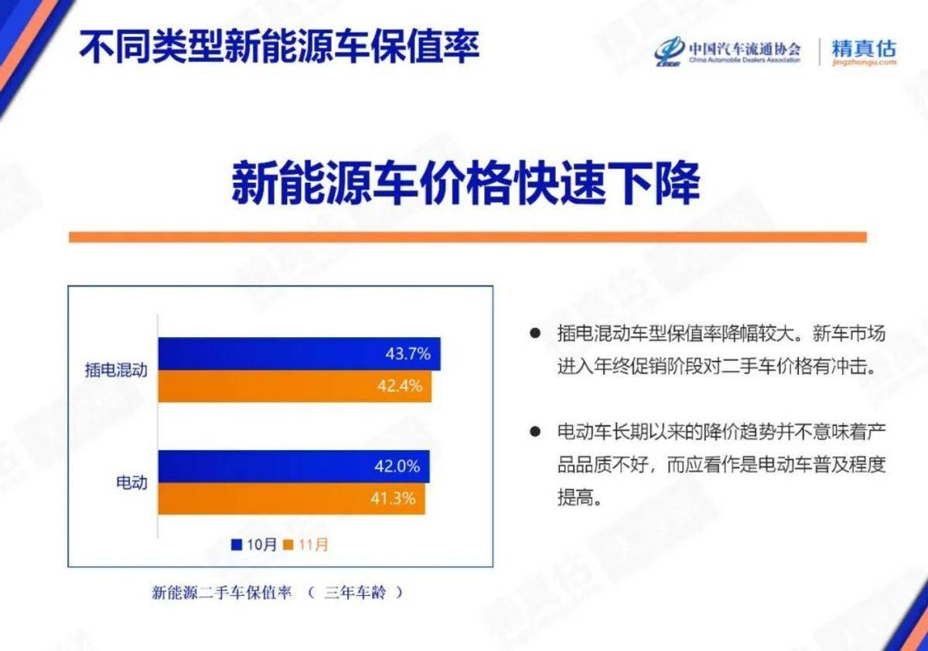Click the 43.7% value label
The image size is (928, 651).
click(x=408, y=353)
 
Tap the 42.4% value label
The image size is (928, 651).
click(x=400, y=386)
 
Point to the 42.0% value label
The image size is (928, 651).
click(x=397, y=466)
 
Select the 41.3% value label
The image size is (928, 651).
click(x=393, y=498)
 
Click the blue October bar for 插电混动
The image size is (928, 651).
click(x=299, y=353)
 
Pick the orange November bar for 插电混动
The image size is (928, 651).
click(x=295, y=386)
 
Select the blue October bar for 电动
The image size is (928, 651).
click(x=294, y=466)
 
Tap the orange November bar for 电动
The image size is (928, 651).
click(x=292, y=499)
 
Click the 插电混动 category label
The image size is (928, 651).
click(x=116, y=370)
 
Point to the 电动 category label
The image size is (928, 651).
click(x=131, y=482)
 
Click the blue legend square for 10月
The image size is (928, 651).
click(x=236, y=544)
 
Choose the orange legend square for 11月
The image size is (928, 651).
click(x=288, y=544)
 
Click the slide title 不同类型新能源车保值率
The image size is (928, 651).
click(x=279, y=46)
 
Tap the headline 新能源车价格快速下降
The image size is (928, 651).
click(x=466, y=182)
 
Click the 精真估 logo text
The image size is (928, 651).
click(x=864, y=49)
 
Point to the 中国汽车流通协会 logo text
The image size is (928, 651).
click(x=745, y=49)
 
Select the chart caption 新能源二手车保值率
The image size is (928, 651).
click(x=222, y=592)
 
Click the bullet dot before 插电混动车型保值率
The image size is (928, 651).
click(x=535, y=333)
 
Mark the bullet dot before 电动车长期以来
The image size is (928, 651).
click(x=535, y=432)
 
